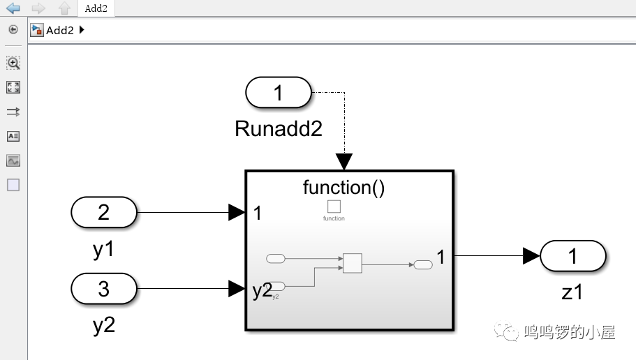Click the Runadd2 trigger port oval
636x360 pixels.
(x=278, y=93)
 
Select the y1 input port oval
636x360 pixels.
(x=104, y=212)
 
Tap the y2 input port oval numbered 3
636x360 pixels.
(x=104, y=288)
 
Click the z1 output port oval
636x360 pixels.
(x=572, y=256)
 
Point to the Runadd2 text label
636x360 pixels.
(x=279, y=128)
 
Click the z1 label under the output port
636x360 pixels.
(x=572, y=292)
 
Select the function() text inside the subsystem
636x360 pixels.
(x=343, y=187)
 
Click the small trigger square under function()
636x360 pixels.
(x=334, y=207)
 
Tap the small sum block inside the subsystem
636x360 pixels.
(x=352, y=263)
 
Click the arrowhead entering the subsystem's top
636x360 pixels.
(x=344, y=162)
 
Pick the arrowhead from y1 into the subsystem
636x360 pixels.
(x=237, y=212)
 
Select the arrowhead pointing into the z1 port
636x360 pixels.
(x=532, y=256)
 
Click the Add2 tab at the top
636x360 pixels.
(x=96, y=8)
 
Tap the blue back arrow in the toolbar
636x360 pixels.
(x=13, y=8)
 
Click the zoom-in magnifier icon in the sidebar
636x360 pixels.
(x=13, y=63)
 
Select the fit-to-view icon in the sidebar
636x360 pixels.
(x=13, y=87)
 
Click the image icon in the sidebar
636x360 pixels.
(x=13, y=160)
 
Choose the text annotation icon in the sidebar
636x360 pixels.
(x=13, y=136)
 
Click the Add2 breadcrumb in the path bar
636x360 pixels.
(x=60, y=30)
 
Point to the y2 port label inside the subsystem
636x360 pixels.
(x=262, y=290)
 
